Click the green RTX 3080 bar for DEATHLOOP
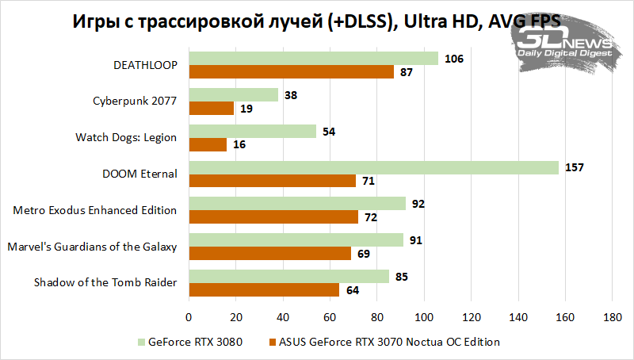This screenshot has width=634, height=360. pyautogui.click(x=313, y=58)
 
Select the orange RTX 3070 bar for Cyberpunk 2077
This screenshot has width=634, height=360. pyautogui.click(x=211, y=109)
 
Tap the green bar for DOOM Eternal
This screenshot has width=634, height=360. pyautogui.click(x=373, y=167)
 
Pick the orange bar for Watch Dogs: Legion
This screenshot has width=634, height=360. pyautogui.click(x=207, y=145)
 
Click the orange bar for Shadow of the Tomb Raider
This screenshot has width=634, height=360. pyautogui.click(x=264, y=290)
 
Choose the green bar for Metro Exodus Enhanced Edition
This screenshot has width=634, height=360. pyautogui.click(x=297, y=204)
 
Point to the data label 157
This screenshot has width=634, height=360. pyautogui.click(x=573, y=167)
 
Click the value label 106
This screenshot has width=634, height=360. pyautogui.click(x=453, y=58)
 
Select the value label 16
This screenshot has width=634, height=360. pyautogui.click(x=239, y=145)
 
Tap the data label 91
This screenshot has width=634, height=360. pyautogui.click(x=415, y=239)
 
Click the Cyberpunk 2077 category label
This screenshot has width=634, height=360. pyautogui.click(x=135, y=101)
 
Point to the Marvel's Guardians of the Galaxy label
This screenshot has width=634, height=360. pyautogui.click(x=92, y=247)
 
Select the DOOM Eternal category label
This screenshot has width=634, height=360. pyautogui.click(x=140, y=174)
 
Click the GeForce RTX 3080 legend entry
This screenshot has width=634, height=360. pyautogui.click(x=189, y=343)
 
